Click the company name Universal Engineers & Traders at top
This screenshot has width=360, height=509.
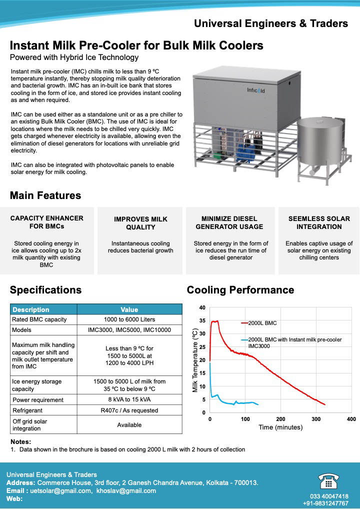[271, 23]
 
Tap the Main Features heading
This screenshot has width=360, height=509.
[45, 195]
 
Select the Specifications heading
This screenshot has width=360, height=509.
[45, 290]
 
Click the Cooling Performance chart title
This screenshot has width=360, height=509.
[240, 290]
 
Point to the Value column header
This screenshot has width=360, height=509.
[129, 309]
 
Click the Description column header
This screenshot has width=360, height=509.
[31, 309]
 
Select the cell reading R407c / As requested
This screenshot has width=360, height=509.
[129, 410]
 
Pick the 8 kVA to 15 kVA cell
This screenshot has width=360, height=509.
[129, 399]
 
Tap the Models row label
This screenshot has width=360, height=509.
[21, 330]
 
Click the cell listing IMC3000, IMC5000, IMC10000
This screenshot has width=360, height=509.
[129, 330]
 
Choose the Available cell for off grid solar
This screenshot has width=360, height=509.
[129, 425]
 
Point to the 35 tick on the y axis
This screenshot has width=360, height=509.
[202, 321]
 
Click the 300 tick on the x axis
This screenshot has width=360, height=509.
[316, 419]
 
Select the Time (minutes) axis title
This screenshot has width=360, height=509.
[280, 427]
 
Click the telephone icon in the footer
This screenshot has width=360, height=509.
[328, 481]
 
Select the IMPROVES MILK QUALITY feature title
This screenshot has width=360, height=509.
[140, 223]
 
